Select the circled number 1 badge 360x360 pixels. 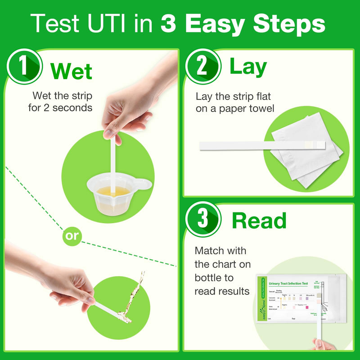[23, 67]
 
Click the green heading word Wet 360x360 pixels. [71, 71]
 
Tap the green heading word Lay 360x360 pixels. [248, 67]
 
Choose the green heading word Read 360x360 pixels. [259, 220]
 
